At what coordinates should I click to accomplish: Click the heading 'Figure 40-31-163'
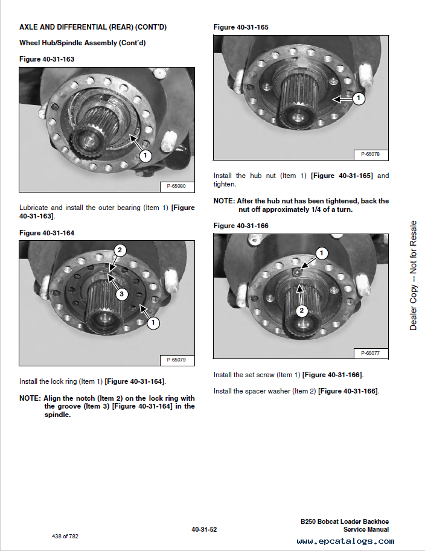[47, 59]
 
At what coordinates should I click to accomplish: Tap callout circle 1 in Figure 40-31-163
[145, 156]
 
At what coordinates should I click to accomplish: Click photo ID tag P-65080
[176, 186]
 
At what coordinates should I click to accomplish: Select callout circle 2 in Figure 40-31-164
[120, 250]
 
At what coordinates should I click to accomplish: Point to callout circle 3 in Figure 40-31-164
[121, 294]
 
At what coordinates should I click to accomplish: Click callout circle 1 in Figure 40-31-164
[153, 323]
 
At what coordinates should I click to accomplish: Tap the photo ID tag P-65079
[176, 360]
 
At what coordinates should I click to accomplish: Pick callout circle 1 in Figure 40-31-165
[359, 98]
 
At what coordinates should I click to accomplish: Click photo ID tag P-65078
[370, 154]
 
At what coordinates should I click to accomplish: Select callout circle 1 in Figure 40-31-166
[322, 253]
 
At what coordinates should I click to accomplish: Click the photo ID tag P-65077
[370, 353]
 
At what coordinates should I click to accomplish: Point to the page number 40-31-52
[204, 529]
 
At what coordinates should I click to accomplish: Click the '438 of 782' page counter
[65, 536]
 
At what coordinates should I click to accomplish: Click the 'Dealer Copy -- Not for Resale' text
[414, 275]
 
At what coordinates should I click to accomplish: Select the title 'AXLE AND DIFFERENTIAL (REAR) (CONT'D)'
[93, 27]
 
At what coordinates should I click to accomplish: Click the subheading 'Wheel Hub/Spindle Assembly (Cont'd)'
[83, 43]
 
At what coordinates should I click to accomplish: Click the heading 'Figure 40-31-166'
[241, 226]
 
